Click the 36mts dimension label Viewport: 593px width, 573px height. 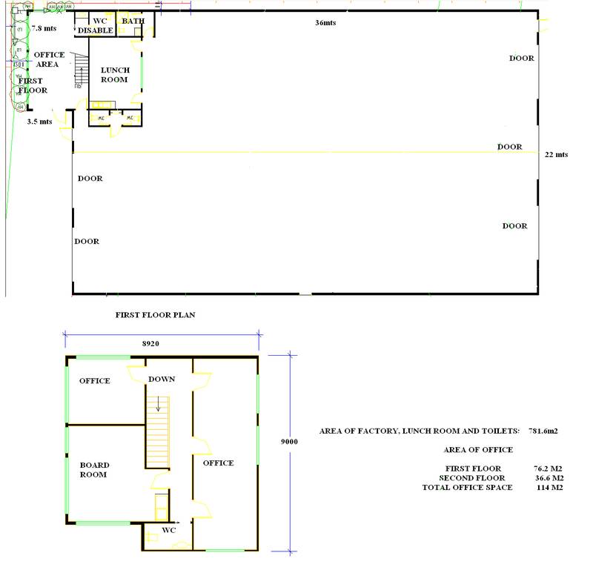pyautogui.click(x=325, y=23)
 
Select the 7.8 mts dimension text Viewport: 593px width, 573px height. pyautogui.click(x=44, y=28)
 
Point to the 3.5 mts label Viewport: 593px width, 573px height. pyautogui.click(x=39, y=122)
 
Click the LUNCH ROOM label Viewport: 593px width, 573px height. pyautogui.click(x=115, y=75)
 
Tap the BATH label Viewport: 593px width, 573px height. pyautogui.click(x=133, y=21)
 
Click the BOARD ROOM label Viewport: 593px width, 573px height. pyautogui.click(x=94, y=470)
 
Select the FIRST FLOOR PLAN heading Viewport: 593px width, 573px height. pyautogui.click(x=155, y=315)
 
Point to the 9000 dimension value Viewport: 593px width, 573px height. pyautogui.click(x=289, y=441)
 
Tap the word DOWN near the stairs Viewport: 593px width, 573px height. pyautogui.click(x=161, y=379)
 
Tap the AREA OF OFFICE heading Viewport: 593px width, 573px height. pyautogui.click(x=478, y=450)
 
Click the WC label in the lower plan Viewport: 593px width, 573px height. pyautogui.click(x=168, y=531)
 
